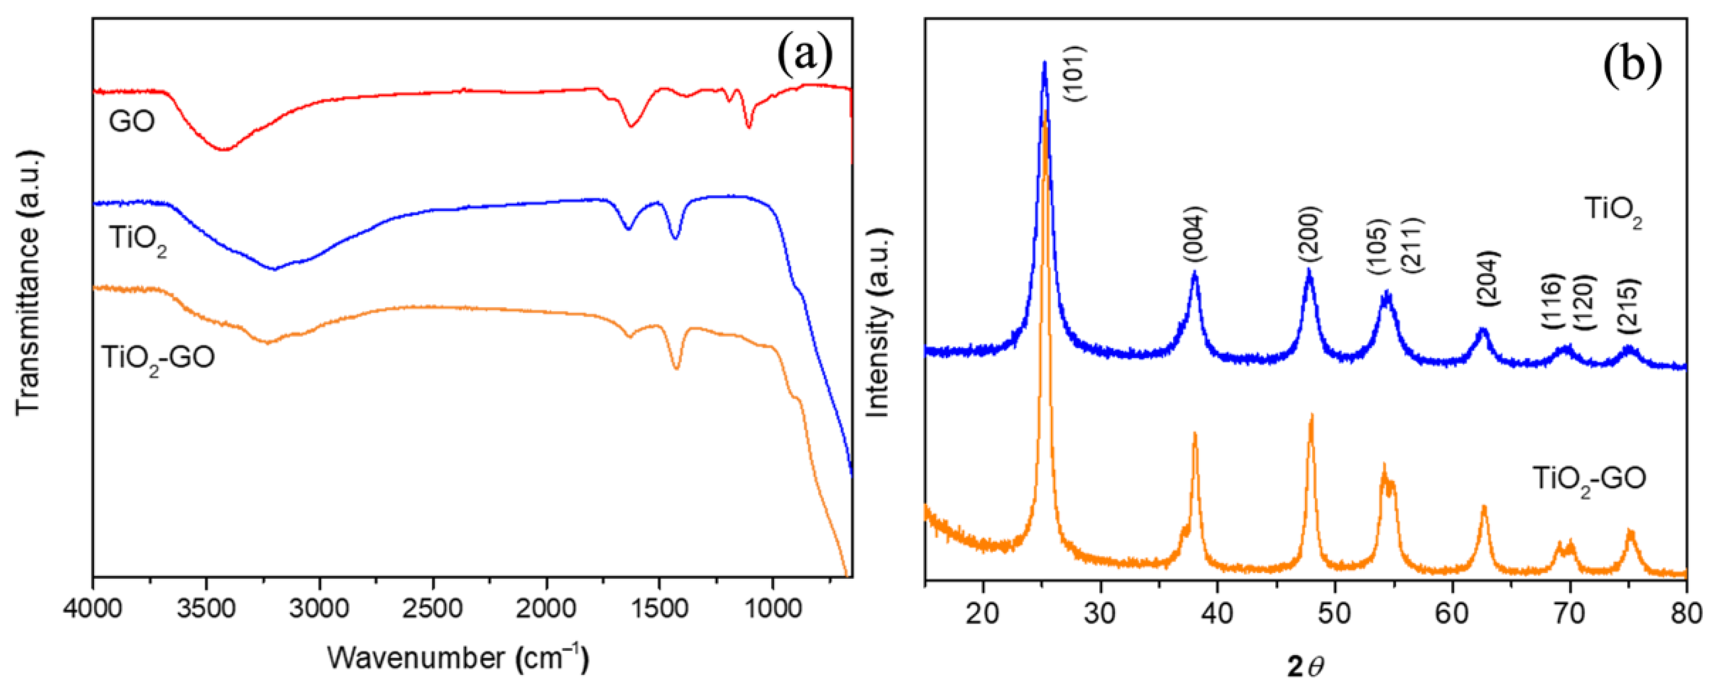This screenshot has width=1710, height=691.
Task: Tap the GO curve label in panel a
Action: (131, 122)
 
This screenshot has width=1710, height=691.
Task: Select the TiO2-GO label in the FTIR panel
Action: (158, 358)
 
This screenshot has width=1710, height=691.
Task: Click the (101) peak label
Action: (1075, 74)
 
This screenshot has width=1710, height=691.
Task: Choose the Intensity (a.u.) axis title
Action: (877, 323)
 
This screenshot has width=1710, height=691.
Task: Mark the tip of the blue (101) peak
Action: (1044, 62)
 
